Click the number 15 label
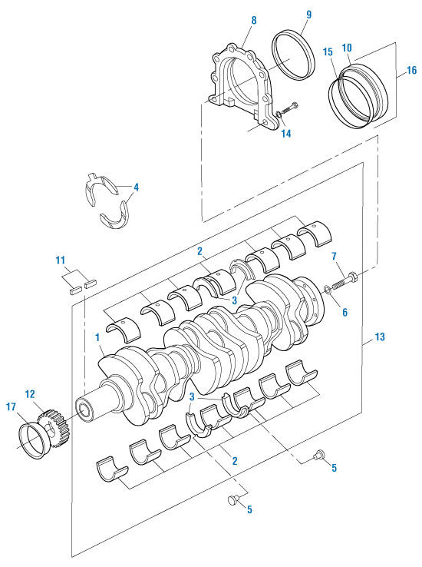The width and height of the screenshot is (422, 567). coord(328,51)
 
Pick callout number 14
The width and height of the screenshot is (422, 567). coord(285,133)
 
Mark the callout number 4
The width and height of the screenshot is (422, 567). coord(135,187)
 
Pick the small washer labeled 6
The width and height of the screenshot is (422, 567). coord(328,289)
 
